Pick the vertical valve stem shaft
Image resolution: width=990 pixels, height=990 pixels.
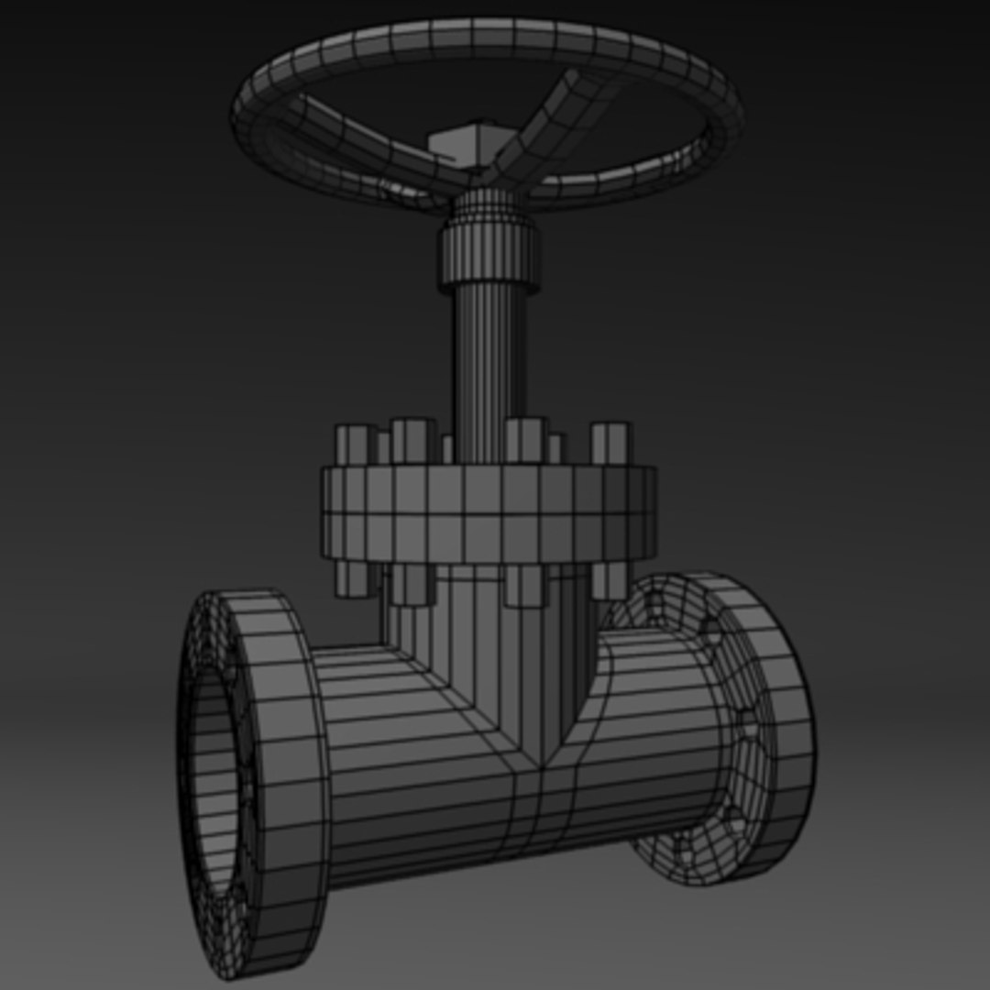tap(490, 367)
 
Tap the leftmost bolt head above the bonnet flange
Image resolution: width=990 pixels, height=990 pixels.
tap(355, 444)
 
